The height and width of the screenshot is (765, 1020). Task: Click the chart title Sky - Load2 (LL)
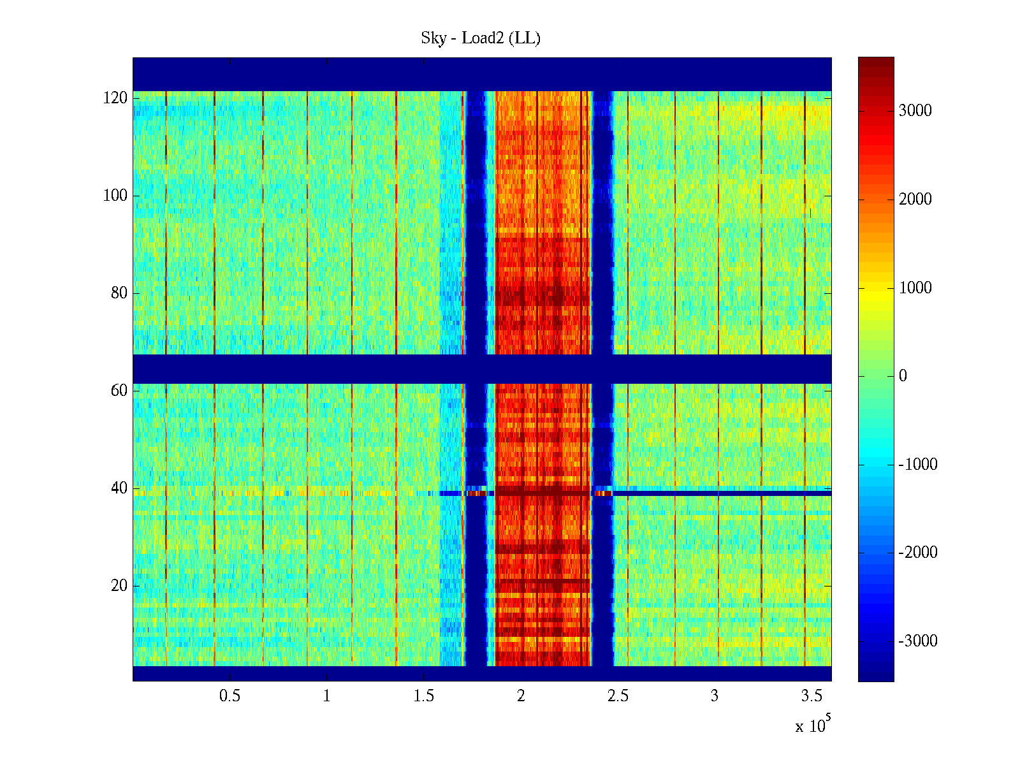[x=481, y=38]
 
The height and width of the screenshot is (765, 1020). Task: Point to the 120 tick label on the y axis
[x=115, y=98]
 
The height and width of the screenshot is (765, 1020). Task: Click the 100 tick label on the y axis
[x=115, y=196]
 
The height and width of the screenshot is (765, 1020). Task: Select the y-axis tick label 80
[x=119, y=293]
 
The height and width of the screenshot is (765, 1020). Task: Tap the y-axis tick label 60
[x=119, y=391]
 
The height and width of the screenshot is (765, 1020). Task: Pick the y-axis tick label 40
[x=119, y=488]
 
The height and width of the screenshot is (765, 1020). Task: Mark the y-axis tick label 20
[x=119, y=586]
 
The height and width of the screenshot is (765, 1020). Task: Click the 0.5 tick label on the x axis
[x=229, y=696]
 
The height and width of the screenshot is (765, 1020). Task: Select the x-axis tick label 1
[x=326, y=696]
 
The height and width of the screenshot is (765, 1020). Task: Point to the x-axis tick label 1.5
[x=424, y=696]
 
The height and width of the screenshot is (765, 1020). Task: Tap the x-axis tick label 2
[x=521, y=696]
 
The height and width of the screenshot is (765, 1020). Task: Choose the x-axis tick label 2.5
[x=618, y=696]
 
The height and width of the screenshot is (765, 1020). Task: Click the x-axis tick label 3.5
[x=812, y=696]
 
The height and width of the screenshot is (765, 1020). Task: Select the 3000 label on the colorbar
[x=915, y=111]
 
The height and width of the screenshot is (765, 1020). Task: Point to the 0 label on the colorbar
[x=903, y=376]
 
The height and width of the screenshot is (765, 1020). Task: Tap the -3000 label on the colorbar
[x=917, y=641]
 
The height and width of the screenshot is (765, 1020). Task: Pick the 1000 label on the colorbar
[x=915, y=288]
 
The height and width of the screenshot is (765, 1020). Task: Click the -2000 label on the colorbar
[x=917, y=553]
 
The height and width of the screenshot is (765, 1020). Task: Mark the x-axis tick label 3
[x=715, y=696]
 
